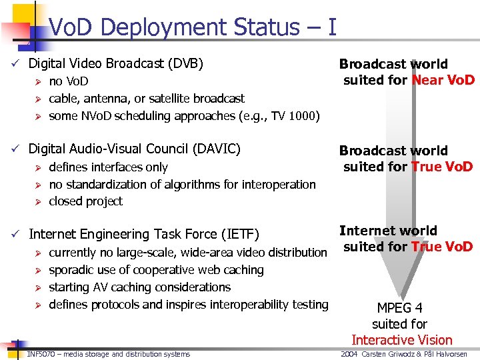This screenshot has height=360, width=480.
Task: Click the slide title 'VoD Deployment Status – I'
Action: pyautogui.click(x=193, y=27)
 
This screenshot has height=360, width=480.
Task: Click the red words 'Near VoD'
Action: pyautogui.click(x=443, y=81)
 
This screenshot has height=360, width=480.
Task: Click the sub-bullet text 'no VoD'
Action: pyautogui.click(x=69, y=81)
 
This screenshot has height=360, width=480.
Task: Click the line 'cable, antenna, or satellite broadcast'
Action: pyautogui.click(x=147, y=99)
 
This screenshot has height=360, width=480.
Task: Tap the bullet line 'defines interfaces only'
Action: pyautogui.click(x=108, y=167)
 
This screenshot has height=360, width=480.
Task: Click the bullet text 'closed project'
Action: pyautogui.click(x=85, y=201)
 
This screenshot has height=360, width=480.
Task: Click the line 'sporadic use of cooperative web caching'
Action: pyautogui.click(x=156, y=270)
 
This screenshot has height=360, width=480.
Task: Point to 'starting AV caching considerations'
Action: pyautogui.click(x=139, y=287)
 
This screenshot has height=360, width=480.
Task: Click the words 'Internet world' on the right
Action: pyautogui.click(x=388, y=231)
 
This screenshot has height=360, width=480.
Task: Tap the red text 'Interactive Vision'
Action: pyautogui.click(x=401, y=340)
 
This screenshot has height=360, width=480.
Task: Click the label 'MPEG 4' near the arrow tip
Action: pyautogui.click(x=399, y=308)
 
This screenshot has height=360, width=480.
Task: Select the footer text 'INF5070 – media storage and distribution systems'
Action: pyautogui.click(x=109, y=354)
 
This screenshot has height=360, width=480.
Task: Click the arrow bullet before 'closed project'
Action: pyautogui.click(x=39, y=201)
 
